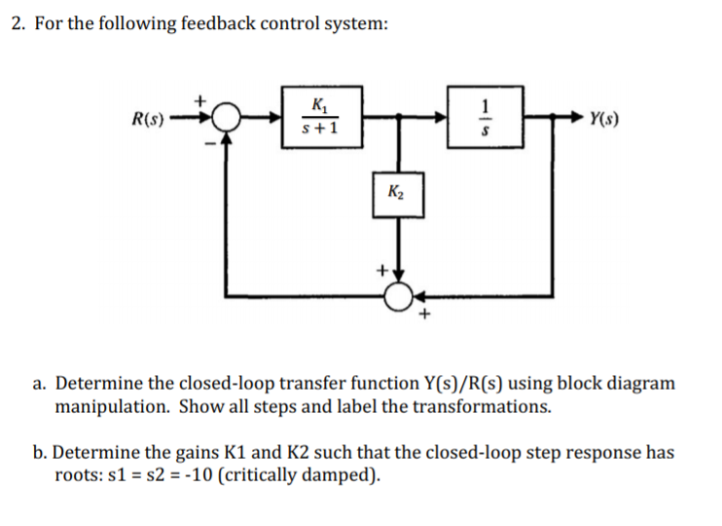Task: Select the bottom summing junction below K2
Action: (x=397, y=295)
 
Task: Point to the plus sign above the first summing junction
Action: (x=202, y=99)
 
